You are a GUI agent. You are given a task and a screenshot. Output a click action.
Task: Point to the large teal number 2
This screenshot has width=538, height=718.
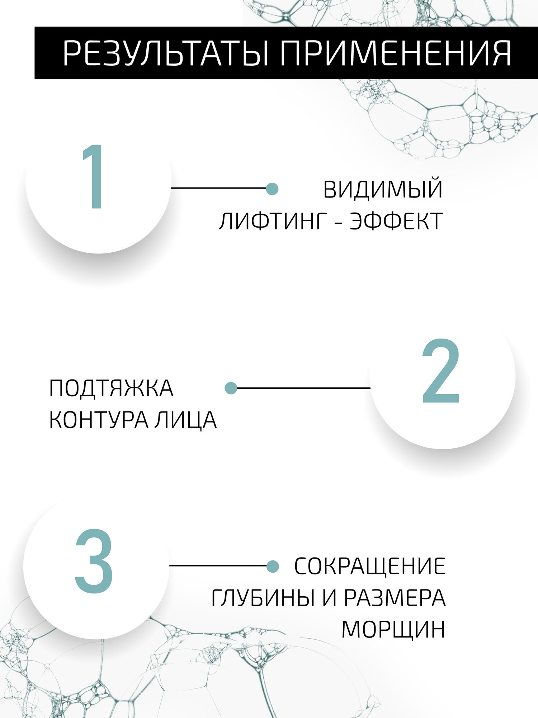(x=441, y=371)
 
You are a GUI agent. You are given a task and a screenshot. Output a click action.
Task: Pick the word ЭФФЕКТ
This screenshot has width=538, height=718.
(x=396, y=221)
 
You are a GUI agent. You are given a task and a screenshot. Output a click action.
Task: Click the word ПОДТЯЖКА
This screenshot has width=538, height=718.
(x=111, y=388)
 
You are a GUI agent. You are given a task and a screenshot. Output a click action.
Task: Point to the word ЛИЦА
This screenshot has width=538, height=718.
(x=186, y=420)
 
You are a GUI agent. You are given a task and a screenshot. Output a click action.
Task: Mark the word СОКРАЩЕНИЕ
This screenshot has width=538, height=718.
(x=369, y=567)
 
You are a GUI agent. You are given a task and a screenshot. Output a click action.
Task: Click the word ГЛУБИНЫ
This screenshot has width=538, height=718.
(x=263, y=598)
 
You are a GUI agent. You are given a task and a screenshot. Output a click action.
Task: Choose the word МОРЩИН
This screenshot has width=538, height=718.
(x=393, y=630)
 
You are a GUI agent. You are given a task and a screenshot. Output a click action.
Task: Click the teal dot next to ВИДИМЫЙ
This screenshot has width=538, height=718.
(x=272, y=188)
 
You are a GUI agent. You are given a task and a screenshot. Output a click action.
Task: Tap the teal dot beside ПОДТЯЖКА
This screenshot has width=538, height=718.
(x=231, y=388)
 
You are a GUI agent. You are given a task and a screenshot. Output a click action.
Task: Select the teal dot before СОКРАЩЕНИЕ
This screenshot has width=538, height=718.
(x=273, y=567)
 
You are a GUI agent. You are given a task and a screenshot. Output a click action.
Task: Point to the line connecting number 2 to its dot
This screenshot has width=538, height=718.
(x=303, y=388)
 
